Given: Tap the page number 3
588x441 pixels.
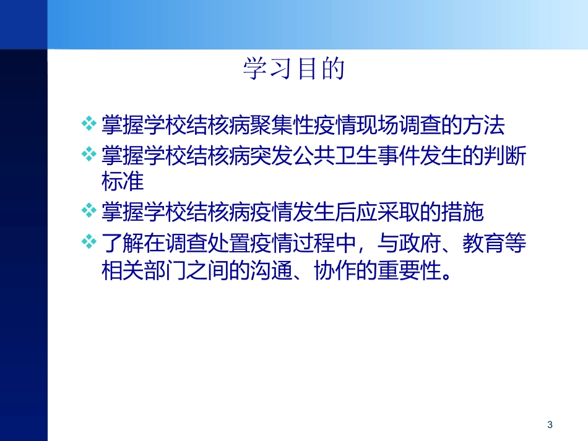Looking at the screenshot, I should (x=550, y=425).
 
